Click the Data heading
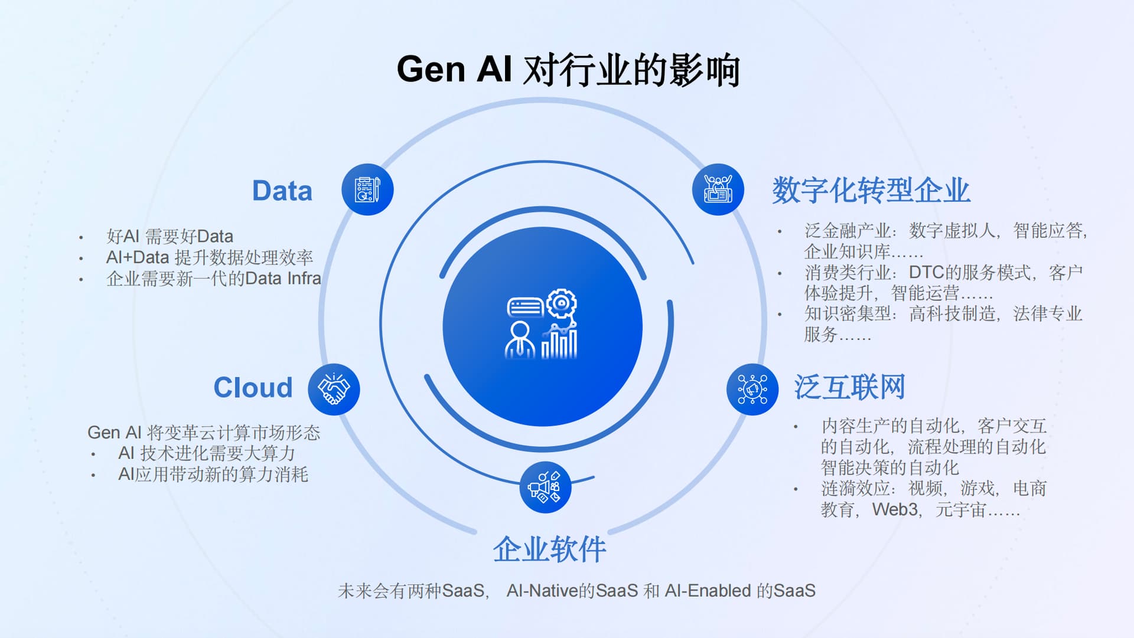point(282,191)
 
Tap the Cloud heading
point(253,388)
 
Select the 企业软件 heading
point(549,549)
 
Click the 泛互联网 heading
point(849,387)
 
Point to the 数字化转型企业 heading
point(871,190)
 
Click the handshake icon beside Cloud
point(334,390)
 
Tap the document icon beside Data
point(367,189)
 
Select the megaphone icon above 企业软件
point(545,488)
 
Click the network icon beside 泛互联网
point(752,390)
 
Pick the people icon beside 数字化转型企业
point(718,189)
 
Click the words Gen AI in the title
point(454,69)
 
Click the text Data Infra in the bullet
point(283,279)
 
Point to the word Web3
point(895,509)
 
